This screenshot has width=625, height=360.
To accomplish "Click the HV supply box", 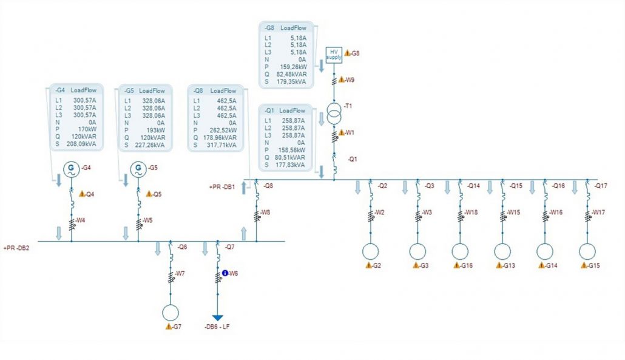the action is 334,55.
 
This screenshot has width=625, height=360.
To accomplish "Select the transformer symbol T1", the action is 334,114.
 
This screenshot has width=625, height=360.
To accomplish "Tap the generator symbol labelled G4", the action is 72,169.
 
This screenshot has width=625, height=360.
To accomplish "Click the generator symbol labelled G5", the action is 138,169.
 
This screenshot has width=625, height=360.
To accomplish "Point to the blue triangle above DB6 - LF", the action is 218,318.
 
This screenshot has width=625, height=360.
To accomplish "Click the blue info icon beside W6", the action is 225,273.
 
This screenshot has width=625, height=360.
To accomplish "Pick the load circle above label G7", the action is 171,313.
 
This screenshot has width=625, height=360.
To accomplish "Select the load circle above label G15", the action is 587,251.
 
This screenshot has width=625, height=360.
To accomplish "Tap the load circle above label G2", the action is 370,251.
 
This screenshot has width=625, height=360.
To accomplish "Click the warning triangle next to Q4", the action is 82,194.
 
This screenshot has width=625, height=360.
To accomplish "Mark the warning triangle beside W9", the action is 341,80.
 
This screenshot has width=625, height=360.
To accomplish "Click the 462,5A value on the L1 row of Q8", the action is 226,101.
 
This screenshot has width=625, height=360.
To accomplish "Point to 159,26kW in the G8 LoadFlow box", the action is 292,67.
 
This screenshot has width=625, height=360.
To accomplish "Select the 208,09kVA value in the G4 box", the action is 81,144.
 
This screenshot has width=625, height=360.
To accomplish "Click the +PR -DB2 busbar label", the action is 16,248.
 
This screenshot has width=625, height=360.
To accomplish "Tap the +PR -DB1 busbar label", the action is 223,186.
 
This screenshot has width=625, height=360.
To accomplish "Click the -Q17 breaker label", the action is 601,186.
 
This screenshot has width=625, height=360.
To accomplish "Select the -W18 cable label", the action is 471,212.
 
